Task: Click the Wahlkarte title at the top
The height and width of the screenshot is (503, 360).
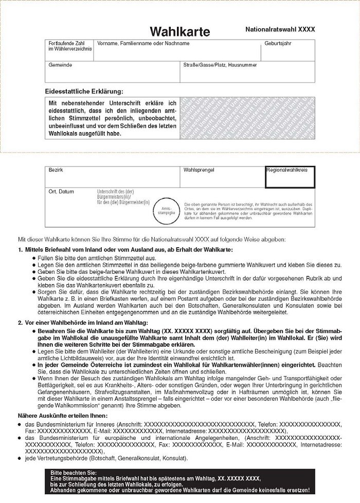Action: point(180,32)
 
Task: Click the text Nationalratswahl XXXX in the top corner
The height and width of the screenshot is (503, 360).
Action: point(280,30)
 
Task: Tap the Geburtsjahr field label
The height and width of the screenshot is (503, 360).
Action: point(278,44)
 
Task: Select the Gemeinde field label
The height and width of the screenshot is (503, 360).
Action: point(60,65)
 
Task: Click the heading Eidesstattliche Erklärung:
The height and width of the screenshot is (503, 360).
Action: point(84,91)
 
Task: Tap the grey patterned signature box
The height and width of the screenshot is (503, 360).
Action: point(246,118)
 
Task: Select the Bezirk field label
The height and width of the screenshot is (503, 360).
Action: point(55,169)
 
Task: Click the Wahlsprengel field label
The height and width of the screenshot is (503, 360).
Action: point(198,169)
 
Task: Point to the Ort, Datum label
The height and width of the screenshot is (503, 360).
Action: point(61,191)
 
